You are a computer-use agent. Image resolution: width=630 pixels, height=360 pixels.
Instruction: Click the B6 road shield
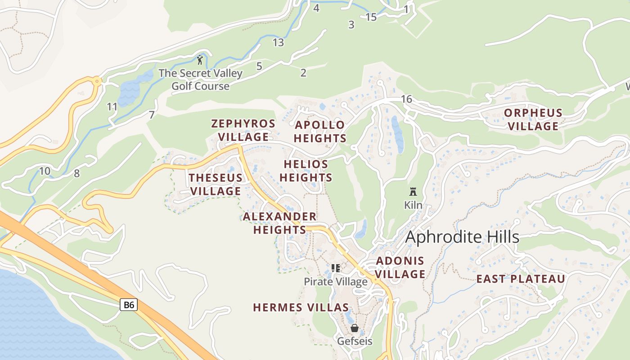click(129, 305)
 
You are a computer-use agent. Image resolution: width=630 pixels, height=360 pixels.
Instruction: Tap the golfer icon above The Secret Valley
click(200, 59)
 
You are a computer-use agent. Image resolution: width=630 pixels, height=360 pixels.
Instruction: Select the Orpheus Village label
click(533, 119)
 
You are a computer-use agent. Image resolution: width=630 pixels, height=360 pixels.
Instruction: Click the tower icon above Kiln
click(413, 192)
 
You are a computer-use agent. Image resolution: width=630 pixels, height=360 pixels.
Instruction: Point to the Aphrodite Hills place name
click(462, 237)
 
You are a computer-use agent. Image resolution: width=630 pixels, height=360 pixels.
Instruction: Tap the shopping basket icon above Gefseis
click(355, 328)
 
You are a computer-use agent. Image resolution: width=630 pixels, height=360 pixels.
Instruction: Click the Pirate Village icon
click(336, 268)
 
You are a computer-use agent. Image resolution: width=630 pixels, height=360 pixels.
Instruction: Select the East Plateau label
click(521, 279)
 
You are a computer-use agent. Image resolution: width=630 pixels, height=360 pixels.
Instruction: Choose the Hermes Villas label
click(301, 308)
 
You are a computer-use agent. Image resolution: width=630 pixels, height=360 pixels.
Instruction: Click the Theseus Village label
click(216, 184)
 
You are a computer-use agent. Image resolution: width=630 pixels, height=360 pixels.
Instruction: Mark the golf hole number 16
click(406, 99)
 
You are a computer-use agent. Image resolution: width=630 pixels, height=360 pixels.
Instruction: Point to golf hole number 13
click(278, 43)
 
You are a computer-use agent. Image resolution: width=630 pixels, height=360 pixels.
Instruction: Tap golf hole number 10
click(45, 171)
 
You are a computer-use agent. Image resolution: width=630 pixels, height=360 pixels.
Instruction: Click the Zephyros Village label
click(243, 130)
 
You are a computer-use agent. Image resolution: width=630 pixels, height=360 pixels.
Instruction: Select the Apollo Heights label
click(320, 131)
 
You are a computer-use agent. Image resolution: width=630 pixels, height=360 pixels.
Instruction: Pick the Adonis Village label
click(400, 267)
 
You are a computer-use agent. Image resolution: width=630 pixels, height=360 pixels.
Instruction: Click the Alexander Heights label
click(279, 223)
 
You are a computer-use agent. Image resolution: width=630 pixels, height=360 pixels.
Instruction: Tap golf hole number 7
click(152, 115)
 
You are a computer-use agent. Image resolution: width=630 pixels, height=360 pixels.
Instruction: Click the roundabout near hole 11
click(97, 81)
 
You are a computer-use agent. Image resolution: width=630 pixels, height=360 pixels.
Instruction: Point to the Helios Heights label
click(306, 171)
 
